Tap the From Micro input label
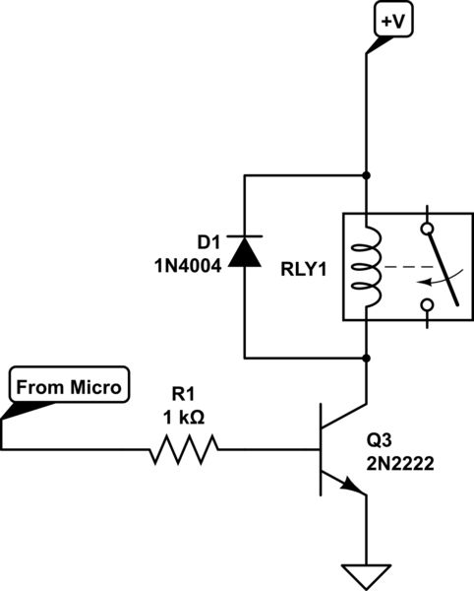point(67,387)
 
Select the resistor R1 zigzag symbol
point(183,451)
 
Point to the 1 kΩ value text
point(184,418)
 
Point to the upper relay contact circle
point(426,229)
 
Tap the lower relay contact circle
point(426,305)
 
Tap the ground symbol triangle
point(366,572)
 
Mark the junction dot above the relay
point(366,177)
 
